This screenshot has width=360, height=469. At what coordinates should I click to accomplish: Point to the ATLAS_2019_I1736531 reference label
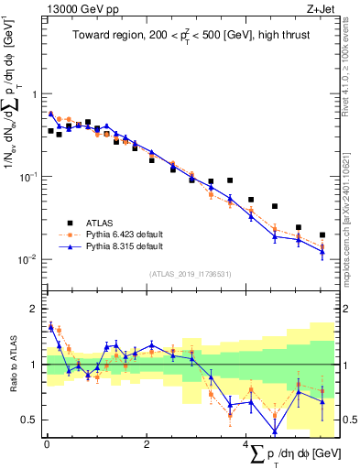point(190,273)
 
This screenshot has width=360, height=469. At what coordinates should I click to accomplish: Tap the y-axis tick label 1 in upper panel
point(34,94)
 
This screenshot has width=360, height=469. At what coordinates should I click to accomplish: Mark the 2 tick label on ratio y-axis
point(34,309)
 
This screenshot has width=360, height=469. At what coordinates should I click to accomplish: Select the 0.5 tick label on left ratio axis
point(30,420)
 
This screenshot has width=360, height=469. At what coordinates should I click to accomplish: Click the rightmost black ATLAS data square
point(322,234)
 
